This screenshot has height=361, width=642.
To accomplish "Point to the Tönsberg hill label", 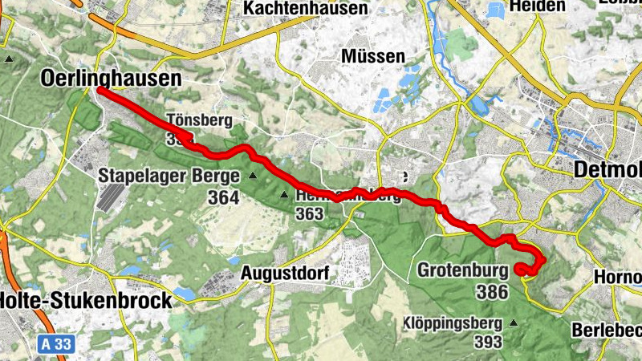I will (x=199, y=121).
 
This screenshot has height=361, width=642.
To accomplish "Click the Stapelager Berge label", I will (x=169, y=176).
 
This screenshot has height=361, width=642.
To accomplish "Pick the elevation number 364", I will (x=222, y=197).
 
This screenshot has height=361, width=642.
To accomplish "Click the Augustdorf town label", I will (x=286, y=274).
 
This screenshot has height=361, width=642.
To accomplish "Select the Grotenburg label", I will (x=463, y=270).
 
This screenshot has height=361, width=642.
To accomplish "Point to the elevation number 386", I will (x=492, y=291).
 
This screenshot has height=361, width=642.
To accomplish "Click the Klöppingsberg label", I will (x=454, y=324).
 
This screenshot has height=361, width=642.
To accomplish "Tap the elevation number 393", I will (x=487, y=343).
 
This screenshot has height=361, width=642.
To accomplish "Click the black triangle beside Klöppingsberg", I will (x=514, y=323).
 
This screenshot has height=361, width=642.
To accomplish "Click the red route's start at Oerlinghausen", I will (x=100, y=91).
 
